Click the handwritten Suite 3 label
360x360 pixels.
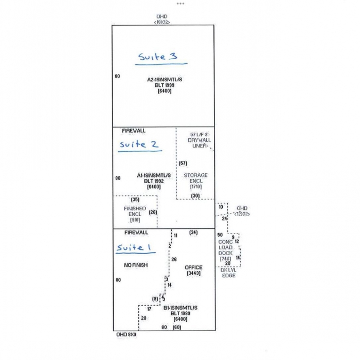(158, 57)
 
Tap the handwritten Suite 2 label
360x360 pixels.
(139, 145)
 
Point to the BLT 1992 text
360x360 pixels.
(154, 181)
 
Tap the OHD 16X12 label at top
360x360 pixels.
(163, 20)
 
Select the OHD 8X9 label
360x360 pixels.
(126, 334)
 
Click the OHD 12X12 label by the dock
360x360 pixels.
(242, 211)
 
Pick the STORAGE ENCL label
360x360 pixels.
(195, 178)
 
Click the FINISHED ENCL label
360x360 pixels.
(135, 211)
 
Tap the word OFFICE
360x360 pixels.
(193, 267)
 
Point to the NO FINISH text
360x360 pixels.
(136, 265)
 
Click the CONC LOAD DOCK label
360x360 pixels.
(225, 247)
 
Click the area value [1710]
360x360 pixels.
(195, 186)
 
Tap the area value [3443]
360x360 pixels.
(193, 273)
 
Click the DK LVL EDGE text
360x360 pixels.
(228, 273)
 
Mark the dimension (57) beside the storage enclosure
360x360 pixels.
(183, 164)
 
